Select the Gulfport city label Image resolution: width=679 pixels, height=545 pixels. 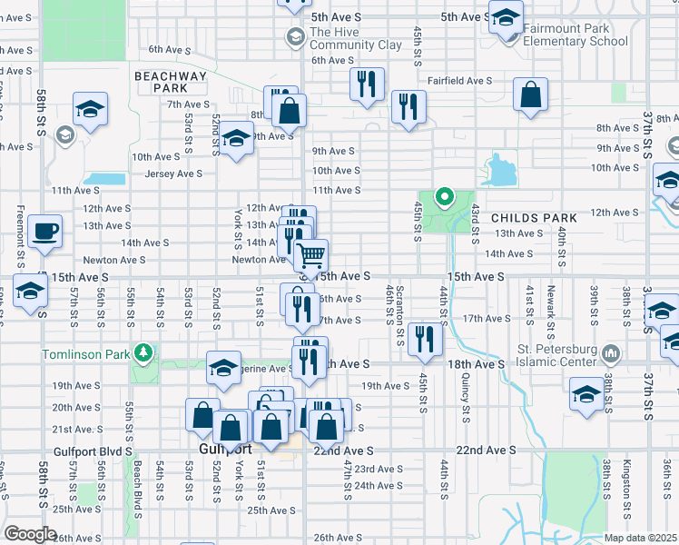click(x=224, y=449)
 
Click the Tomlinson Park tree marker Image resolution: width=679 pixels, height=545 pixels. click(x=141, y=352)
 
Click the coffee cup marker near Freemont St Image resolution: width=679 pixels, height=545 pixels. click(x=44, y=232)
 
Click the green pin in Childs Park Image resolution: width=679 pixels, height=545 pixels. click(x=444, y=195)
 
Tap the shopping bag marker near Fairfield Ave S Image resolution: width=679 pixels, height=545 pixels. click(x=530, y=94)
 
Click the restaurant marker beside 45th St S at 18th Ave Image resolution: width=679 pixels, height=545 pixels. click(x=424, y=339)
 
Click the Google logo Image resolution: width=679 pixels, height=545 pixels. click(x=30, y=534)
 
